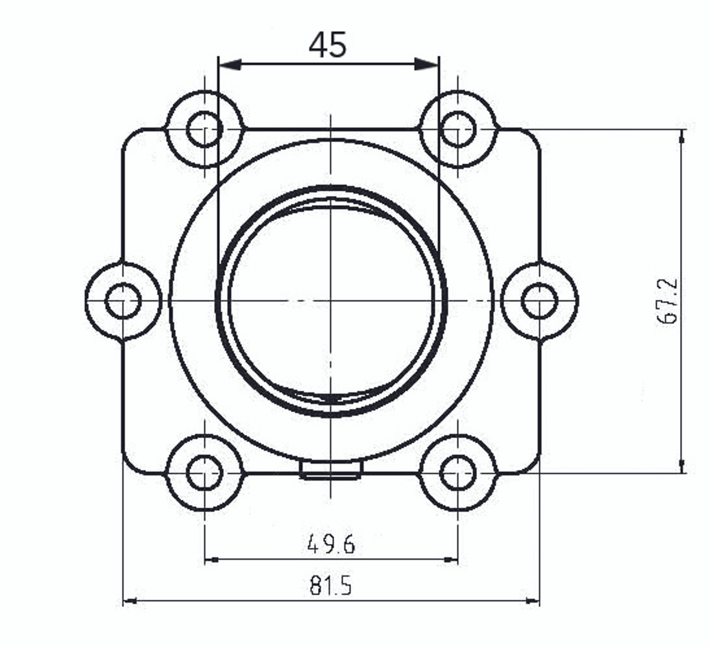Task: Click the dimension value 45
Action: [x=327, y=45]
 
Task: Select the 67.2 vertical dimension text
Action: [x=667, y=301]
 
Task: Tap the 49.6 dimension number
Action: [x=331, y=544]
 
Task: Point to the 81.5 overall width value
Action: [x=331, y=585]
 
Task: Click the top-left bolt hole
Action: [x=205, y=129]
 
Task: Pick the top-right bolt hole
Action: [x=458, y=129]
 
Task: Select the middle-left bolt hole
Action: [x=123, y=301]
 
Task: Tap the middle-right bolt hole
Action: [x=539, y=301]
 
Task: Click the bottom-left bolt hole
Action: [x=205, y=473]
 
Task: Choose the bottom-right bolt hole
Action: [x=458, y=473]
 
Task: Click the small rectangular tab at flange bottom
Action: [x=331, y=470]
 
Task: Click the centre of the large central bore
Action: [x=331, y=301]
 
